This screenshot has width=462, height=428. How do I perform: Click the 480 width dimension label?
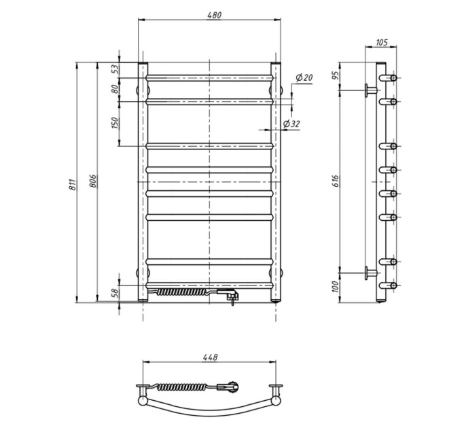point(214,15)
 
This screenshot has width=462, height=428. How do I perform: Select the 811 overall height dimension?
point(73,184)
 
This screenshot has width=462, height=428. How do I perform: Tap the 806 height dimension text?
point(92,181)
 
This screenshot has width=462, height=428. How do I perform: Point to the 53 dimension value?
point(115,69)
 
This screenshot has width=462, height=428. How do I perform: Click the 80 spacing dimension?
point(115,89)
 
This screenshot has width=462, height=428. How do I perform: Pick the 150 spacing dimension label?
point(115,123)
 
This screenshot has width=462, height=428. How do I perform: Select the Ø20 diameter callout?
point(304,77)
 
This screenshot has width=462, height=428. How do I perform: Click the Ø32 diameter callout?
point(291,124)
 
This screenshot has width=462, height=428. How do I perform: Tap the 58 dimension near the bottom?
point(115,293)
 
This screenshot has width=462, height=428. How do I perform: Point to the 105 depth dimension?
point(381,42)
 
